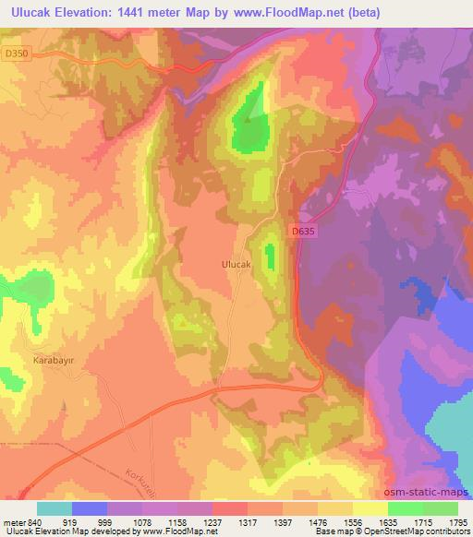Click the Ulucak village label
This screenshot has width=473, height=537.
pyautogui.click(x=236, y=264)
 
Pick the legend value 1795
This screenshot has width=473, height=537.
pyautogui.click(x=456, y=522)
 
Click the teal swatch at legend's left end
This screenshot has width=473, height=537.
pyautogui.click(x=55, y=508)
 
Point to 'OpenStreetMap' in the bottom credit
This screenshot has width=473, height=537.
pyautogui.click(x=389, y=532)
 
